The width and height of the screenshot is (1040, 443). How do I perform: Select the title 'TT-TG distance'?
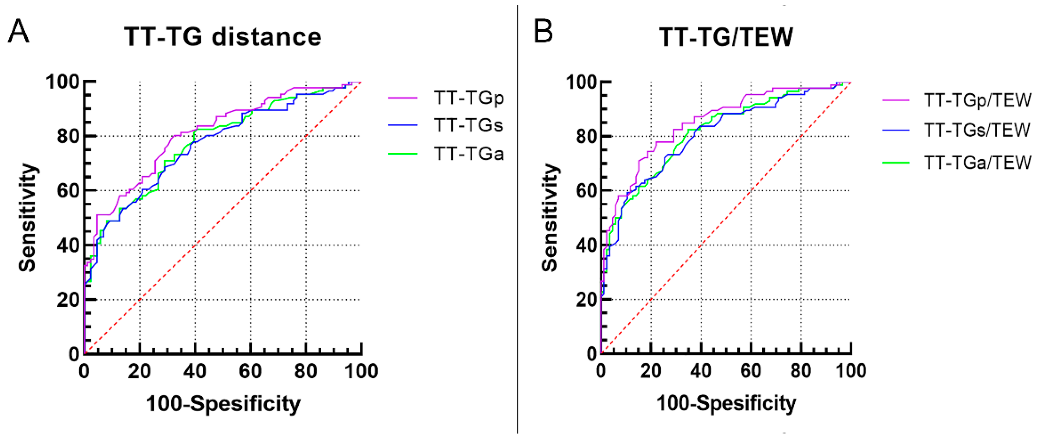[222, 37]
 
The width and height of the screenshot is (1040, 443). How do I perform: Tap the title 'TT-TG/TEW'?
[726, 37]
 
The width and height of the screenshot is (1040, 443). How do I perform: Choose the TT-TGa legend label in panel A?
[469, 154]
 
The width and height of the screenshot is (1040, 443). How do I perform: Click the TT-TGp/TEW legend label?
[977, 100]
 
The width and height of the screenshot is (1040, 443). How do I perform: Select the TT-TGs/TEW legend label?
[977, 130]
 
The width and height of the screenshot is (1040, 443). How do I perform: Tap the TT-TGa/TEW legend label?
[977, 162]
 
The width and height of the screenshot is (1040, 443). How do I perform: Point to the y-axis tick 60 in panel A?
[68, 191]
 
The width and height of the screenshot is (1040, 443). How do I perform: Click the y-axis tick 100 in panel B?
[581, 82]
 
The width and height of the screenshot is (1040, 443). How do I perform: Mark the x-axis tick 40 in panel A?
[195, 371]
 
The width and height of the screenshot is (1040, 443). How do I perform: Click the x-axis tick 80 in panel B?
[801, 371]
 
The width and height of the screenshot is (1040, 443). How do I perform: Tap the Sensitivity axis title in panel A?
[27, 218]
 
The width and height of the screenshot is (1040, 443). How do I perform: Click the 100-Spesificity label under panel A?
[223, 404]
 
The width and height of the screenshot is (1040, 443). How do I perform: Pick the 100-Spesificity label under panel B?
[726, 404]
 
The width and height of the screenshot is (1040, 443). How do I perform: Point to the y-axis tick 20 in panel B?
[586, 300]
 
